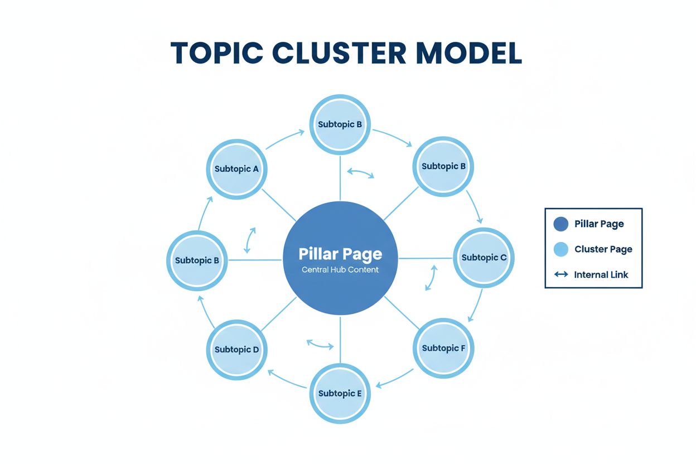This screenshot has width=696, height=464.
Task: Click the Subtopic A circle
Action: (x=236, y=169)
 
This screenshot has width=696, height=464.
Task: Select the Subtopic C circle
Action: (x=484, y=258)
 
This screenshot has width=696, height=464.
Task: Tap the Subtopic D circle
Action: (x=236, y=350)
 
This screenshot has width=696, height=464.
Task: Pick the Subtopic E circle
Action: (x=340, y=394)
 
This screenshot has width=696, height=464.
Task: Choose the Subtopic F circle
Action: (x=443, y=349)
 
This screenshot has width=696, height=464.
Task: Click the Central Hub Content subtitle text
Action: (x=340, y=270)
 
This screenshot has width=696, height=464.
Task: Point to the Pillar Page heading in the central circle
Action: (x=340, y=254)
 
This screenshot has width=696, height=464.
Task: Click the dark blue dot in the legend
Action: (x=560, y=224)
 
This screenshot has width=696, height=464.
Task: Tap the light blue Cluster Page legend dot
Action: (x=560, y=249)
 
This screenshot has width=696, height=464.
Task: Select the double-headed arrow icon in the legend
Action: (x=561, y=274)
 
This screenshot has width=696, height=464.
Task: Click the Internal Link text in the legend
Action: (x=601, y=274)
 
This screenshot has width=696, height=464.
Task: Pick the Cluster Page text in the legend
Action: (x=603, y=249)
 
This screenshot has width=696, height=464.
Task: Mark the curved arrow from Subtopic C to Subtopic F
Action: (x=477, y=304)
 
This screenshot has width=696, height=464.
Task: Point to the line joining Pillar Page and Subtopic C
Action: (x=425, y=258)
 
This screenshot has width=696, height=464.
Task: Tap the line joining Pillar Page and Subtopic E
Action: (x=340, y=340)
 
